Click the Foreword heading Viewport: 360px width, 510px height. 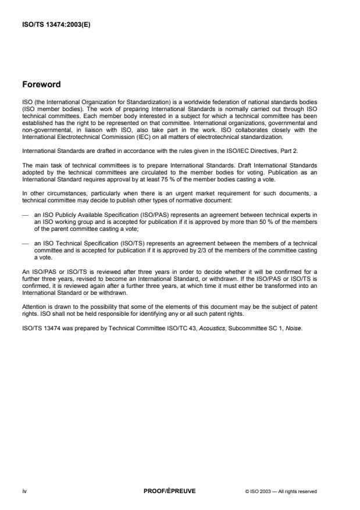point(41,84)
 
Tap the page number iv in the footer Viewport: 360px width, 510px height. point(24,491)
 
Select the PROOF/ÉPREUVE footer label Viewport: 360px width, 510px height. point(169,491)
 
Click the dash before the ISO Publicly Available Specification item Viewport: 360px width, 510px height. point(24,213)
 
